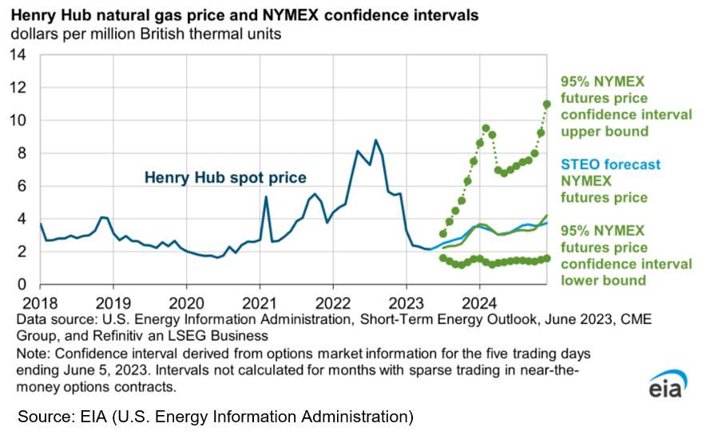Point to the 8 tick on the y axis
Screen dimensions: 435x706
click(22, 153)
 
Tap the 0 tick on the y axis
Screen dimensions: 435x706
click(22, 285)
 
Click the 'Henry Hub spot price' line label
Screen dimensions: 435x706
click(224, 178)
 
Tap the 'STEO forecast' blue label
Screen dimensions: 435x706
click(610, 165)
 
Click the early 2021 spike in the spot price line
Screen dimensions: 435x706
click(266, 196)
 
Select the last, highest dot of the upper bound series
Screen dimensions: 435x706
click(547, 104)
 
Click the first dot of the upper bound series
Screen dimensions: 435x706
click(443, 234)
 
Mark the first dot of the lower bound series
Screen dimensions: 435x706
click(442, 258)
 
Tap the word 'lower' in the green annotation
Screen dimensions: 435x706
click(578, 280)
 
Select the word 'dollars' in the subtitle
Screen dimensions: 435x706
click(33, 35)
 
